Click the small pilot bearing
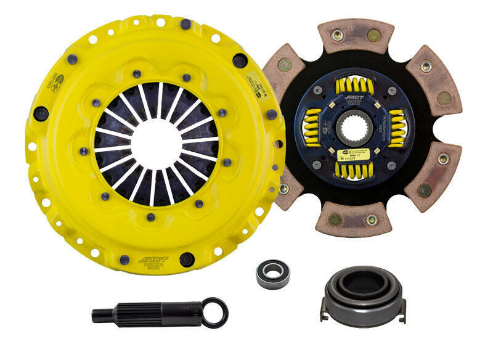272,271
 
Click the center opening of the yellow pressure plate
155,143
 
